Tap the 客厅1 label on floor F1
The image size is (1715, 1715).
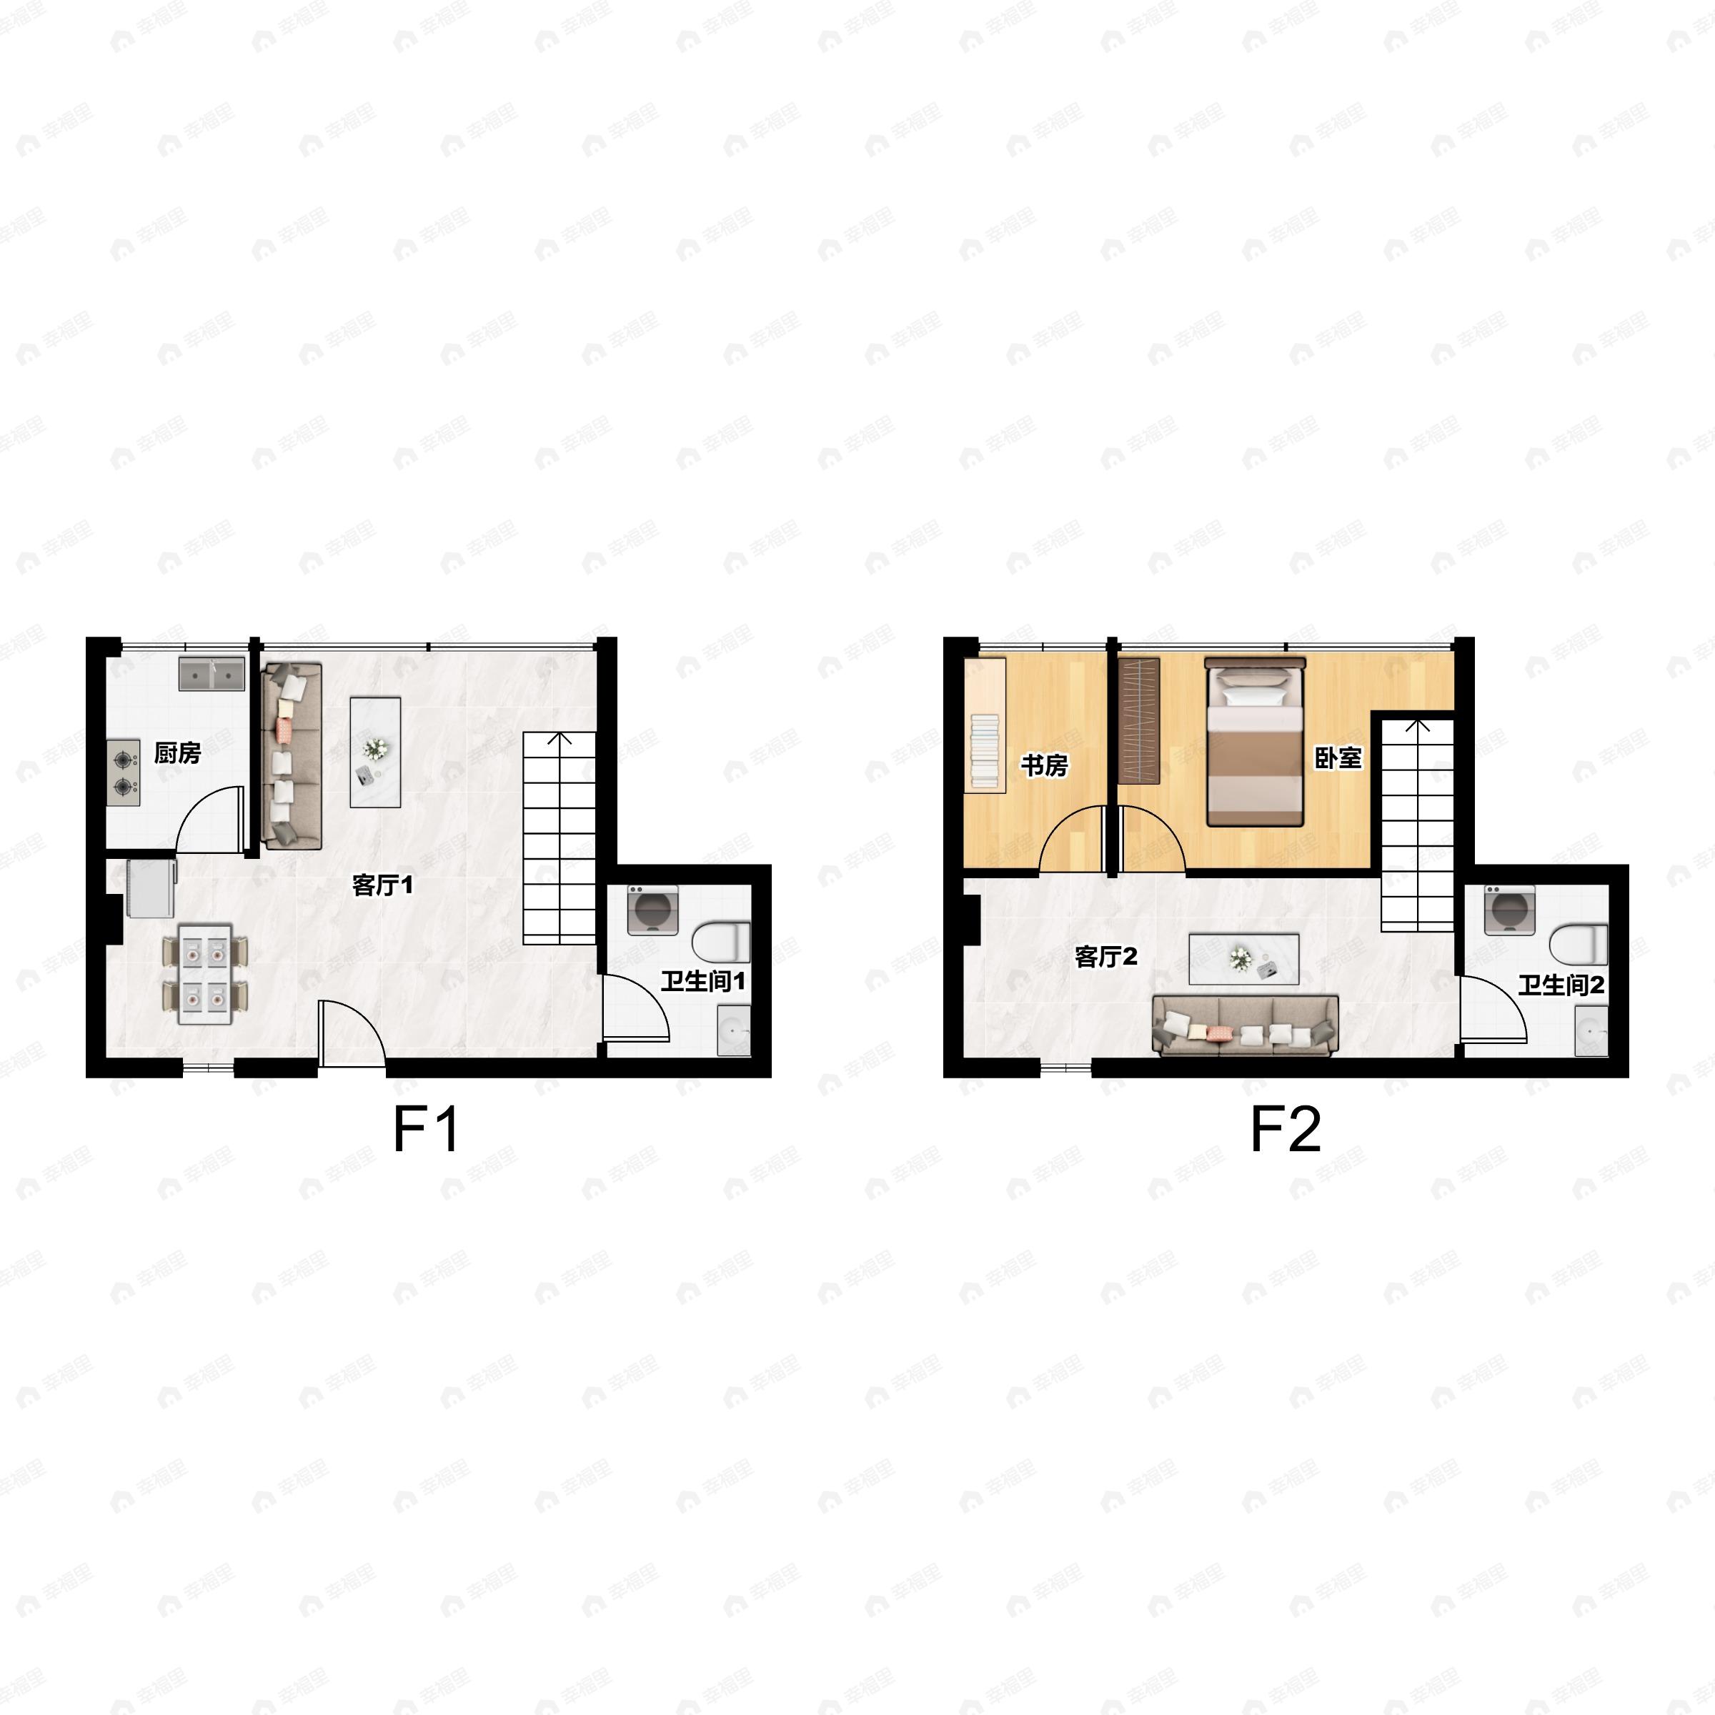tap(382, 885)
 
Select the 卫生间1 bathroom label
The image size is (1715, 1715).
tap(702, 981)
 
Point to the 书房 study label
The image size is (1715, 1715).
tap(1044, 765)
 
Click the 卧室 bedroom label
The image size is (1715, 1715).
tap(1338, 758)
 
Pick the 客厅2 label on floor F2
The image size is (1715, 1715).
tap(1105, 957)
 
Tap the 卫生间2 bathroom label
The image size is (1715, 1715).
tap(1561, 985)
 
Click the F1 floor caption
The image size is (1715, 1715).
tap(426, 1129)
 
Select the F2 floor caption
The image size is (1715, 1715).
tap(1285, 1129)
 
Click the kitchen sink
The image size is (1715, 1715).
tap(212, 675)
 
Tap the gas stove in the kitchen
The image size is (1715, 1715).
tap(124, 773)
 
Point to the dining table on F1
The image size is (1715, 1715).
tap(205, 975)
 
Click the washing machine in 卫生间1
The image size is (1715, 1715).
tap(652, 910)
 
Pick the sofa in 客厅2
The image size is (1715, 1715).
tap(1245, 1025)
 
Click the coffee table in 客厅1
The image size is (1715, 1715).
tap(375, 752)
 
